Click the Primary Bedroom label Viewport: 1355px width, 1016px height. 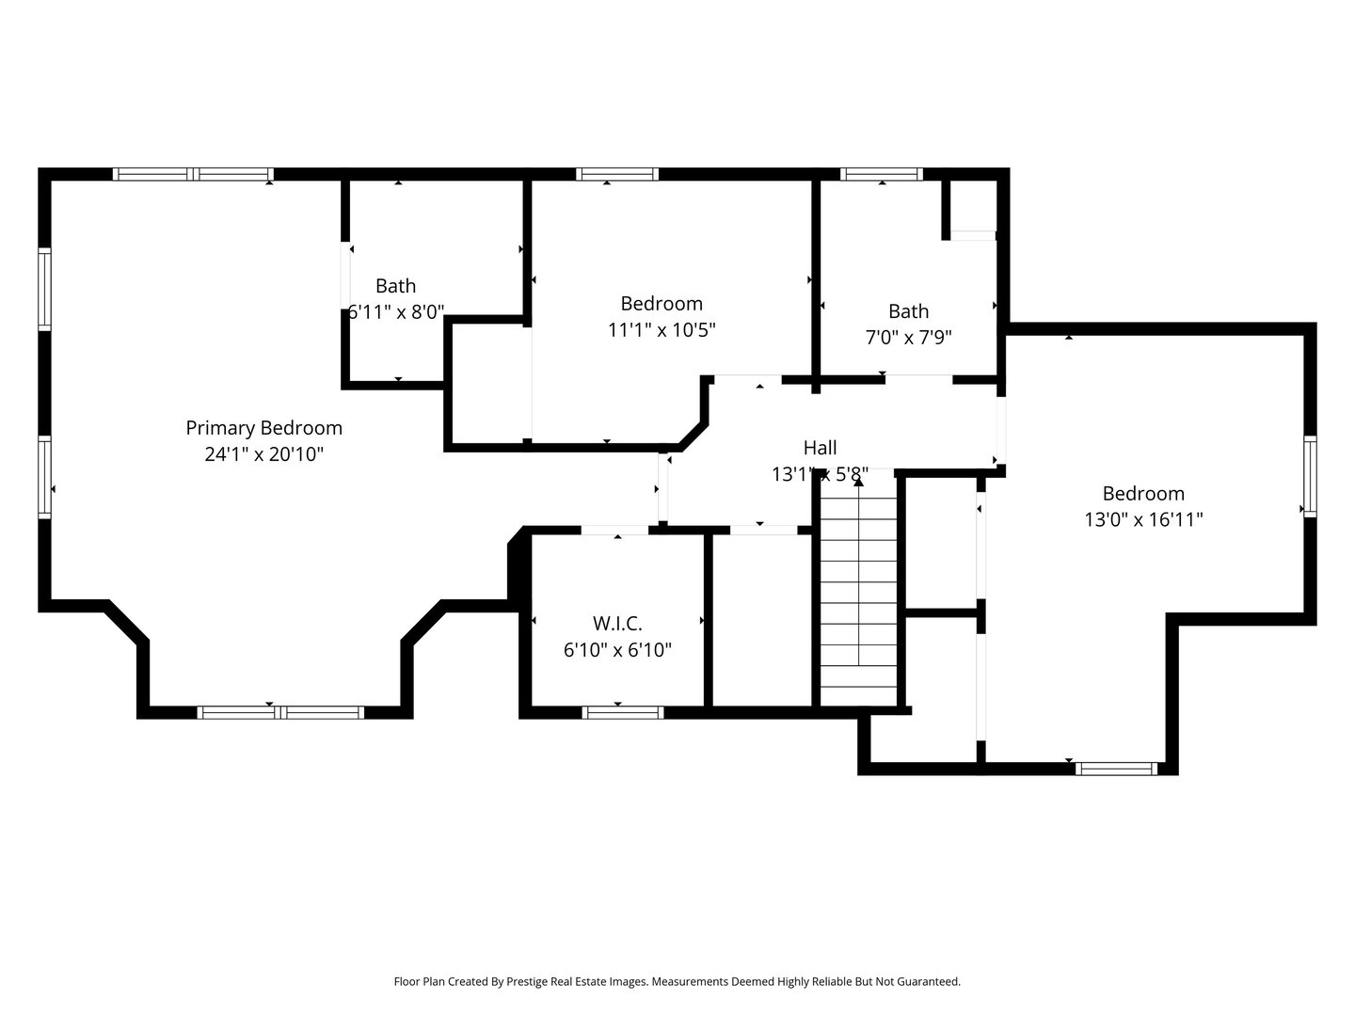(263, 428)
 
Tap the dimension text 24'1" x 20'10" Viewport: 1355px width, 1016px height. (263, 454)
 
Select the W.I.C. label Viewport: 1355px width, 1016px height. (617, 624)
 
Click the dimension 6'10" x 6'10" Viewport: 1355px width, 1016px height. (617, 650)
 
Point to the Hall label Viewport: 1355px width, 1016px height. (820, 448)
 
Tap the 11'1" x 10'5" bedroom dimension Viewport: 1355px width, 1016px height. (662, 330)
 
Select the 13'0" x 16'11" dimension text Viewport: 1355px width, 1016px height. (1143, 519)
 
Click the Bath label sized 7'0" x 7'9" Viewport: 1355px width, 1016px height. (908, 311)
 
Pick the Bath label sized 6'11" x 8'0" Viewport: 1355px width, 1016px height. (395, 286)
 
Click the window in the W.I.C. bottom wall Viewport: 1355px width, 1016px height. (623, 712)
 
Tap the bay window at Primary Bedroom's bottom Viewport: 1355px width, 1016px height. (280, 712)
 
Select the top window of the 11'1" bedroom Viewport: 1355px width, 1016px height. (616, 174)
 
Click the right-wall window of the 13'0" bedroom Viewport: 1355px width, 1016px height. (1309, 477)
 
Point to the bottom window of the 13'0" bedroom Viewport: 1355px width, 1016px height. (1116, 769)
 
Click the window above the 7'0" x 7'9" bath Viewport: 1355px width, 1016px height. (881, 174)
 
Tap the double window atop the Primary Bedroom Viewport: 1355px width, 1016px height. (193, 174)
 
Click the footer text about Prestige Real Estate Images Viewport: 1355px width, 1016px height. (677, 981)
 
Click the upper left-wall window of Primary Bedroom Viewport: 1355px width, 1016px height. (44, 289)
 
